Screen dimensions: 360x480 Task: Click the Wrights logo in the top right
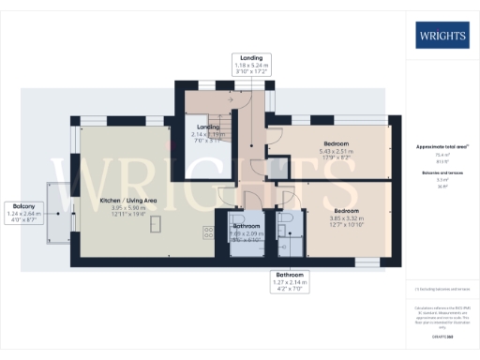pos(440,37)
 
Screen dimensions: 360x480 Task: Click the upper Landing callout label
pos(250,64)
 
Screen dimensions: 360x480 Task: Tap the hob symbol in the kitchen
pos(207,230)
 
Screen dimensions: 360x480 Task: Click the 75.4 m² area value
pos(440,155)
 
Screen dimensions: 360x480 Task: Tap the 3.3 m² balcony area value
pos(440,181)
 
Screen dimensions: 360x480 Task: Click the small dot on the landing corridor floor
pos(251,147)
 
